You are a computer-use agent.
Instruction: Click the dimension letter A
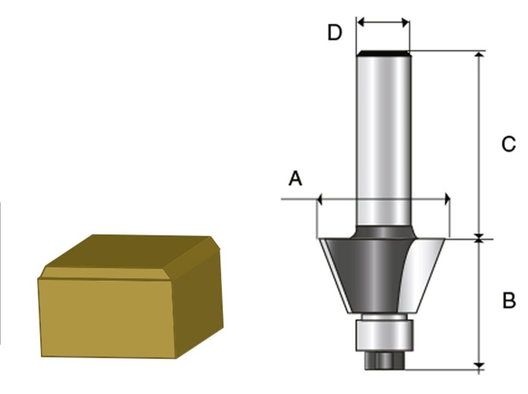click(295, 179)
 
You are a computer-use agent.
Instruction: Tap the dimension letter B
click(509, 300)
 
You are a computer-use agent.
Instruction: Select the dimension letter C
click(509, 144)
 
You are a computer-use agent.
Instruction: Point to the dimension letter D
click(335, 33)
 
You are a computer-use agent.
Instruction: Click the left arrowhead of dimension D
click(361, 22)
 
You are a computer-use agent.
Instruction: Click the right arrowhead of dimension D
click(405, 23)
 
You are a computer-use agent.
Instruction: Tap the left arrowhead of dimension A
click(320, 199)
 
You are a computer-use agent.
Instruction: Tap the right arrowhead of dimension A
click(447, 199)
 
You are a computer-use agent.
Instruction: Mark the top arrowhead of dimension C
click(479, 55)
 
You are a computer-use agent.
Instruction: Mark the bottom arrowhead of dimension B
click(479, 365)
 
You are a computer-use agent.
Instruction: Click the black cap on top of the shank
click(383, 53)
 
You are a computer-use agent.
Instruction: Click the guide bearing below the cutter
click(384, 335)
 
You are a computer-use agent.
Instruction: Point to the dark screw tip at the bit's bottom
click(384, 361)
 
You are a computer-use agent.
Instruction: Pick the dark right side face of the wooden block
click(198, 303)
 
